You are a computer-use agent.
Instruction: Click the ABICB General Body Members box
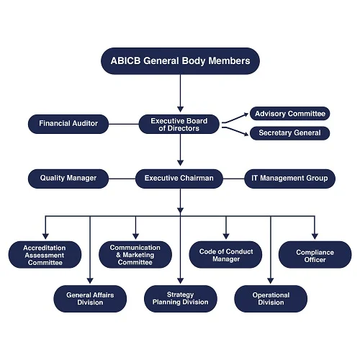coord(180,61)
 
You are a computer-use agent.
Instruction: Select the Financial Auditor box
coord(68,124)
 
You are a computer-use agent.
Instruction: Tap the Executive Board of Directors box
coord(179,124)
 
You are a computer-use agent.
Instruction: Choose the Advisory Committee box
coord(290,114)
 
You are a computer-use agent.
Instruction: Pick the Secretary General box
coord(290,133)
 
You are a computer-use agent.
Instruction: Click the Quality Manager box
coord(68,179)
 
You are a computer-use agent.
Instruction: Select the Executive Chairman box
coord(179,179)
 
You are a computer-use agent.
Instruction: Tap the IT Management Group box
coord(289,179)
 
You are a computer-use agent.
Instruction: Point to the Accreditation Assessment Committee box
coord(45,255)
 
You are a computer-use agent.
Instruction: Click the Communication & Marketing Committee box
coord(135,255)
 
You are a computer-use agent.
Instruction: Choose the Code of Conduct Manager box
coord(225,255)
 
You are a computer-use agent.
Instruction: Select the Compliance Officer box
coord(315,255)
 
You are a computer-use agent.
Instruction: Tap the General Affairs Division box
coord(90,299)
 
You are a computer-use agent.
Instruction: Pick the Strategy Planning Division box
coord(181,299)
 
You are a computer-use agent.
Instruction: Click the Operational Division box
coord(271,299)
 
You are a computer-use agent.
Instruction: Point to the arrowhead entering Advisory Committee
coord(246,114)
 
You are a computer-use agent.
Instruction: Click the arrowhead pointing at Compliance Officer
coord(315,236)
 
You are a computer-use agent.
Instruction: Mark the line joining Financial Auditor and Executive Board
coord(124,124)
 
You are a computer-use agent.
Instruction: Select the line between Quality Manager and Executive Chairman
coord(122,179)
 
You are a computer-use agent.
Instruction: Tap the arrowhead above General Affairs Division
coord(90,281)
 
